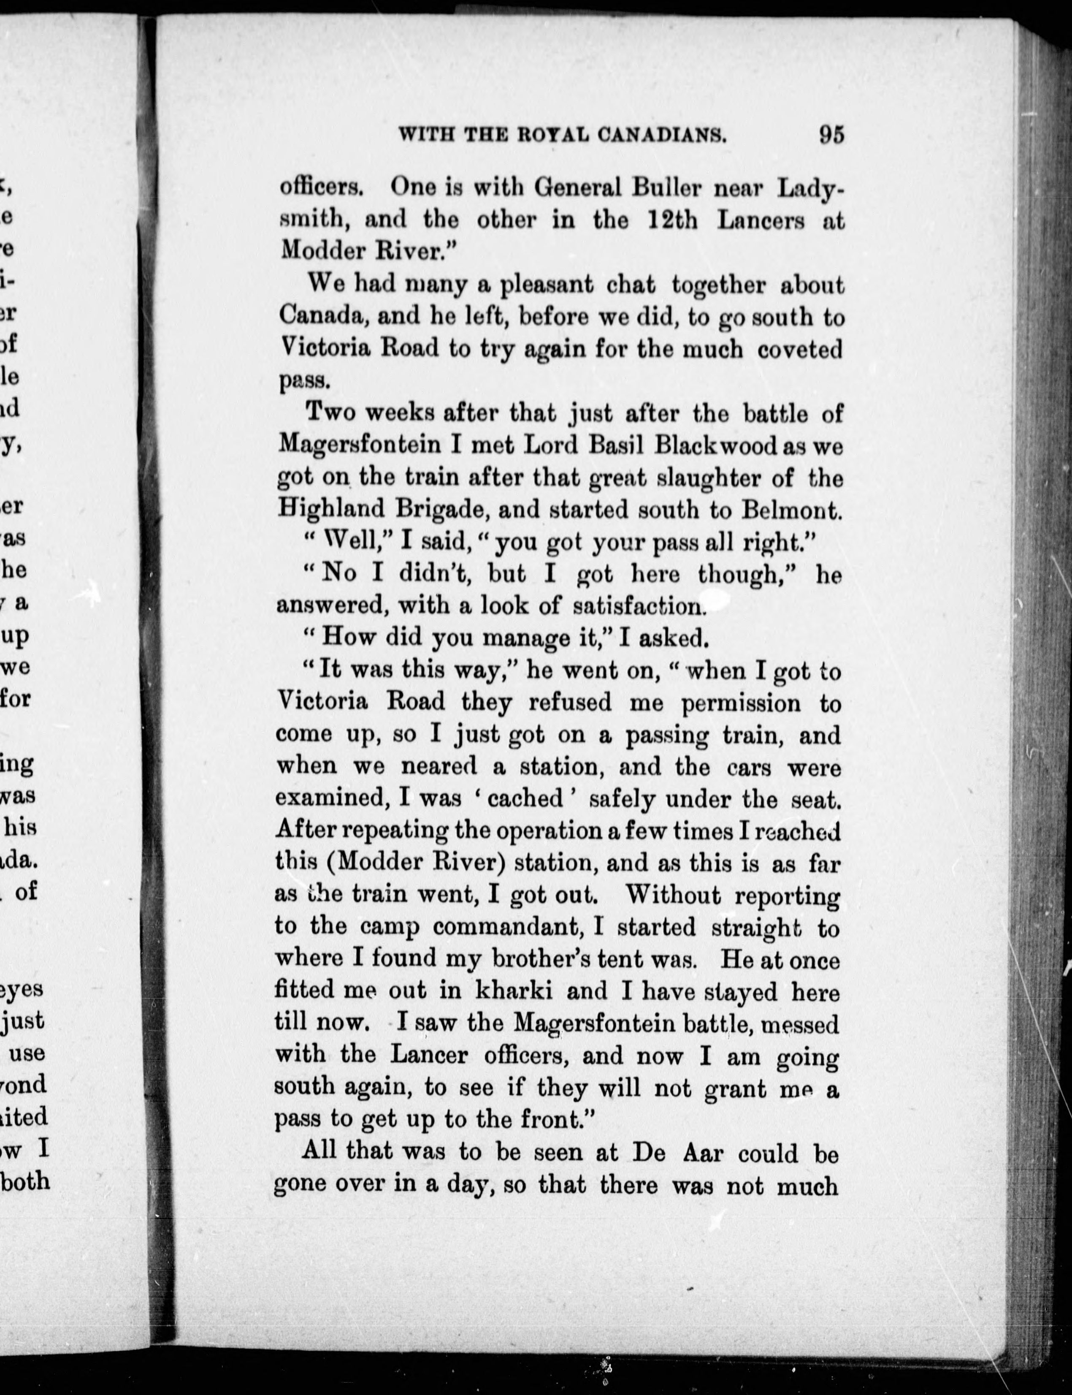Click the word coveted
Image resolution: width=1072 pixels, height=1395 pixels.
tap(801, 349)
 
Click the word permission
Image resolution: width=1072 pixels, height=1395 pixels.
tap(740, 703)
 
